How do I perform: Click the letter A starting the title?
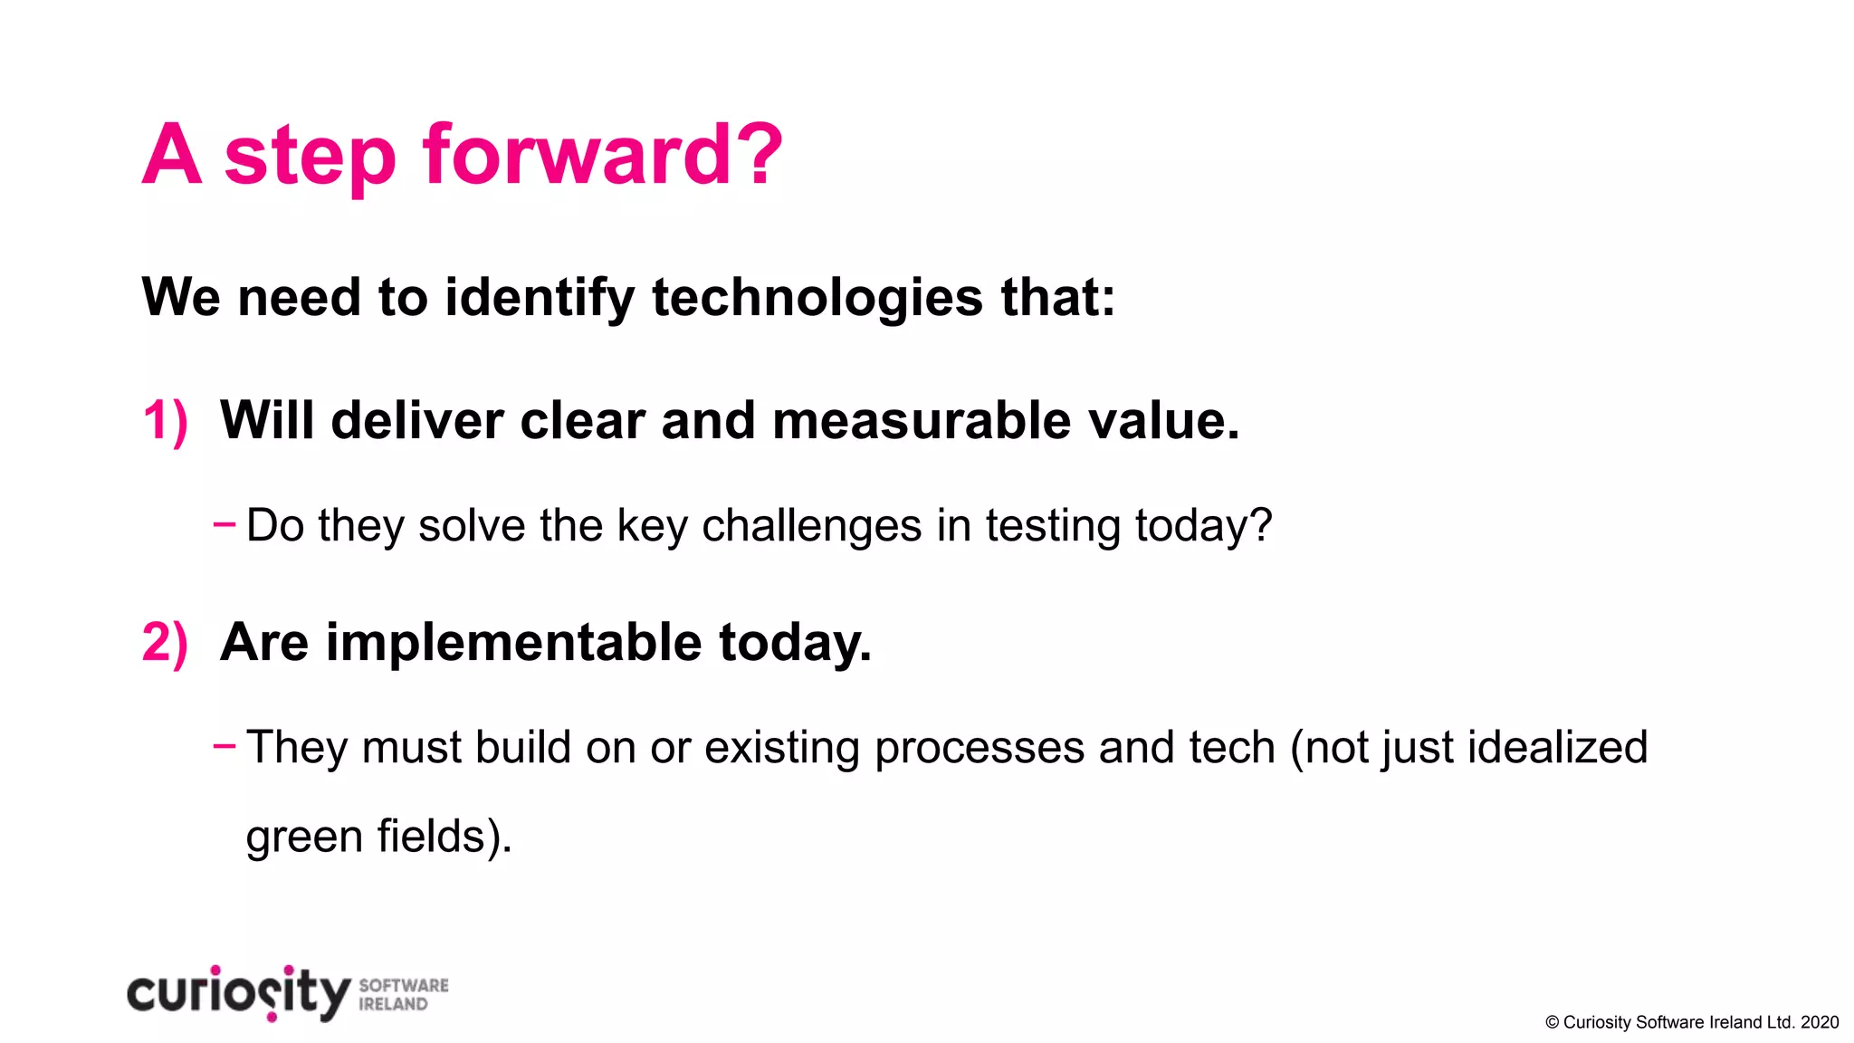171,156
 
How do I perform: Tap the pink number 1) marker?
165,422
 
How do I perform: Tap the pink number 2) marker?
165,643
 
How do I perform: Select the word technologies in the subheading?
817,299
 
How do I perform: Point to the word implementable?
513,643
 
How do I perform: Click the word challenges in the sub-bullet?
811,527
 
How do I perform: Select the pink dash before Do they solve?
224,523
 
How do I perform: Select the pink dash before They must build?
224,745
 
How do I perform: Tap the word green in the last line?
304,837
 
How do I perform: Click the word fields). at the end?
444,836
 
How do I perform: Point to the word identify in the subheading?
540,299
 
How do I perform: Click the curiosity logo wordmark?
238,994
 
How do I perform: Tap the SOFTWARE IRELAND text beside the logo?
403,995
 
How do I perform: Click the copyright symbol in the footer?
1552,1023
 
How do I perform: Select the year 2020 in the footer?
1820,1023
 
